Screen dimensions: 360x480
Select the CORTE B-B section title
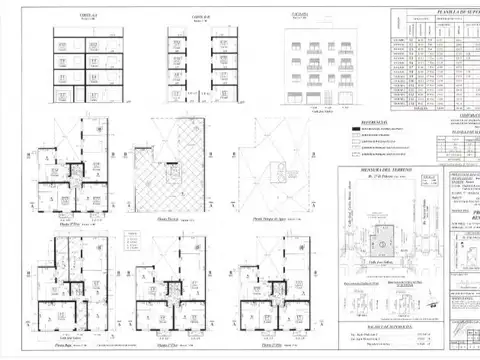pos(199,17)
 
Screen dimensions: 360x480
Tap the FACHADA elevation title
pos(299,17)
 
